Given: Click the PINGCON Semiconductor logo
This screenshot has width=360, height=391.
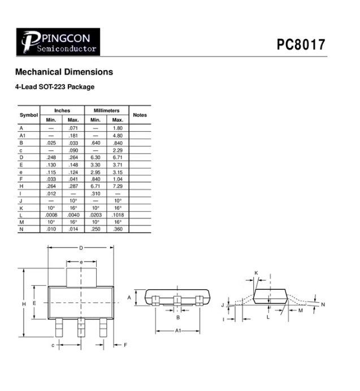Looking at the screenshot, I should (58, 42).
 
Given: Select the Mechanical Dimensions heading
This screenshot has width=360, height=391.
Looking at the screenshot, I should (64, 72).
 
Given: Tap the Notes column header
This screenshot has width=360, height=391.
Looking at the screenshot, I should (140, 115).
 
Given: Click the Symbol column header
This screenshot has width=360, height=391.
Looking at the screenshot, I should (28, 115).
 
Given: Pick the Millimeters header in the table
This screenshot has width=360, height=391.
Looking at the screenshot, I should (106, 111).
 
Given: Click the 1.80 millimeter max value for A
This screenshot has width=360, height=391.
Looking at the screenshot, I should (118, 128).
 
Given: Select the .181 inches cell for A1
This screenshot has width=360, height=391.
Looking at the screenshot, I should (73, 136).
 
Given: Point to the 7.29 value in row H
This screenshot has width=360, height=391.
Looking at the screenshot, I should (118, 185).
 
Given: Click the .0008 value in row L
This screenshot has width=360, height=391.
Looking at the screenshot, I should (51, 215).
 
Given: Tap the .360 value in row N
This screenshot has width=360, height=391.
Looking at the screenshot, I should (118, 229).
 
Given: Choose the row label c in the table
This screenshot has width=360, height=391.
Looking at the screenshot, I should (21, 150).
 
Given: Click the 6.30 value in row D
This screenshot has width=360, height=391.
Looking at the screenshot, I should (96, 157).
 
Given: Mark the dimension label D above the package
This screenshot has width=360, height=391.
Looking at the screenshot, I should (81, 248).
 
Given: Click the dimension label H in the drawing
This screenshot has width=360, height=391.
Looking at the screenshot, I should (24, 304).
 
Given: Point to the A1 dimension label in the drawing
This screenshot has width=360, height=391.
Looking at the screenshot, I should (177, 331).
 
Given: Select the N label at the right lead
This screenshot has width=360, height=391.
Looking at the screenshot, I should (323, 305).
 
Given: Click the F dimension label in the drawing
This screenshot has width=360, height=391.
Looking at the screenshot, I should (125, 345).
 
